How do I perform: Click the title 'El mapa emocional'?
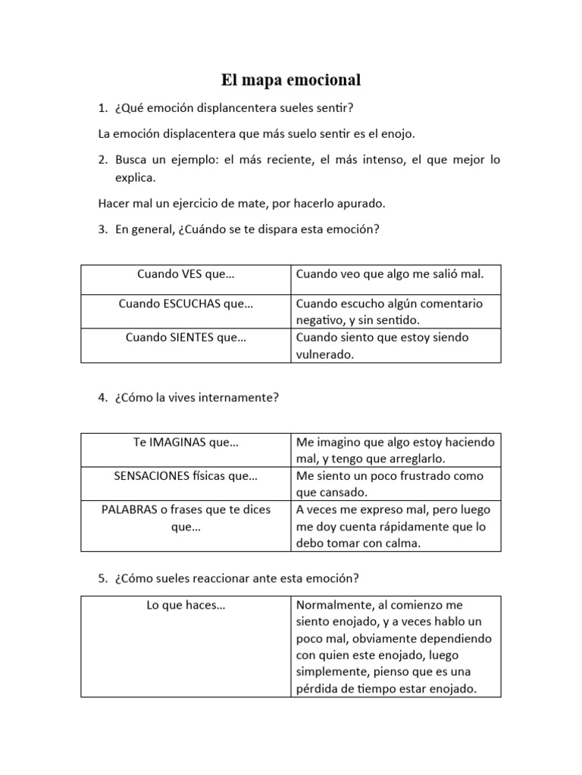(291, 79)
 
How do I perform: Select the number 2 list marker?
(103, 160)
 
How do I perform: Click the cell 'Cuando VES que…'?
(186, 274)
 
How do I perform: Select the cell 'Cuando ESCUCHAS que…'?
(186, 303)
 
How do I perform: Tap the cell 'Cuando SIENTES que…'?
(186, 337)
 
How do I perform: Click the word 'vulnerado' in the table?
(324, 353)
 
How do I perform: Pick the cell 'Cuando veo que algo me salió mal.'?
(389, 274)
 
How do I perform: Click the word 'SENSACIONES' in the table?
(149, 476)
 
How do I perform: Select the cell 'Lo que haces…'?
(186, 605)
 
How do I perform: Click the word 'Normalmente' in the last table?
(330, 605)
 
